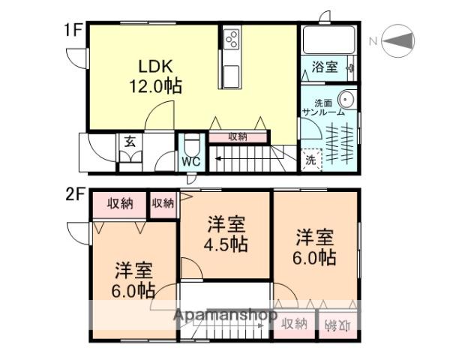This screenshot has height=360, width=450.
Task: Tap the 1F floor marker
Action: click(71, 31)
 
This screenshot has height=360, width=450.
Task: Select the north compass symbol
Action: click(398, 40)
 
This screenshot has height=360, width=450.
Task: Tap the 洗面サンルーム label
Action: click(324, 107)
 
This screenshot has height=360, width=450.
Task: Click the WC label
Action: click(190, 160)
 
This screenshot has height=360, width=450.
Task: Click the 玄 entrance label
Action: click(130, 140)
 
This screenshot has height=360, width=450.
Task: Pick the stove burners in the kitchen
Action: click(231, 39)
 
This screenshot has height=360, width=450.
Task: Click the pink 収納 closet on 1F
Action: click(237, 136)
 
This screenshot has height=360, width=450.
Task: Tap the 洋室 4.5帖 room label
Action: click(226, 233)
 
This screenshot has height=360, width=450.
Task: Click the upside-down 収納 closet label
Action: click(337, 325)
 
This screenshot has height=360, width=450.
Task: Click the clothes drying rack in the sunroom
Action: click(343, 140)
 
